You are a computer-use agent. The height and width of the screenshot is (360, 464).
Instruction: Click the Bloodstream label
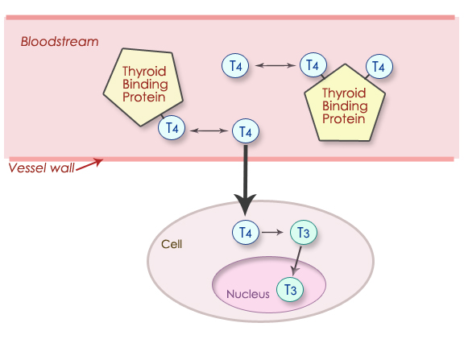59,42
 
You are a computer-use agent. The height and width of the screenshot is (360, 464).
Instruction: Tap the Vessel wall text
40,168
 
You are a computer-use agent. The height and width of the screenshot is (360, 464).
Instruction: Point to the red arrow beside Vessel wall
89,163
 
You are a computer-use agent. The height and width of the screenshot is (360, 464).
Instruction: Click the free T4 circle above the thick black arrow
245,130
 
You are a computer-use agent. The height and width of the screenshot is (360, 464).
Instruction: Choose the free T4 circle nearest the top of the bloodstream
236,66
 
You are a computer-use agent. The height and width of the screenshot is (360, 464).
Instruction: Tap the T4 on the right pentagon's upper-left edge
313,65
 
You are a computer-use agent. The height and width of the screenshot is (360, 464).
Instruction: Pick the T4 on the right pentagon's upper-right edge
379,66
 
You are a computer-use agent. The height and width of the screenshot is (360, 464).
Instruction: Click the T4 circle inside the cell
245,233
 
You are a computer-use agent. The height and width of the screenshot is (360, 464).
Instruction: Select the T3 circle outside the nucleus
303,233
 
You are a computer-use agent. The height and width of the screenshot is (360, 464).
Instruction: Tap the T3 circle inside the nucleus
290,288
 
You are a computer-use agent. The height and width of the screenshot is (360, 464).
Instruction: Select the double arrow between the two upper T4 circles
274,66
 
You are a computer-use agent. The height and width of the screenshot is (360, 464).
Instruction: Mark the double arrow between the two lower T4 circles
209,129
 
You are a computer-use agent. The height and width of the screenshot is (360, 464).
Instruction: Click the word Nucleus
247,294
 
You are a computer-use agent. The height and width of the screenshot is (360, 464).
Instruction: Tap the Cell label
172,244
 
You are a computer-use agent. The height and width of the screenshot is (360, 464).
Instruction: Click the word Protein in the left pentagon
143,98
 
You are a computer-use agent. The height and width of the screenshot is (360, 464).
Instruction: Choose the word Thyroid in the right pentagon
345,93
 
